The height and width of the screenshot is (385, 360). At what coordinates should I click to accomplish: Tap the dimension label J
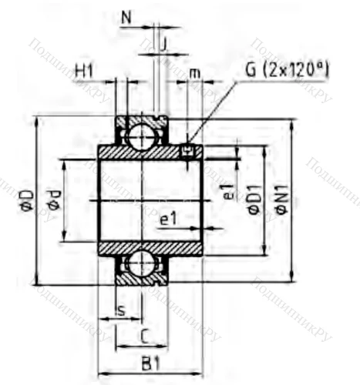coord(163,45)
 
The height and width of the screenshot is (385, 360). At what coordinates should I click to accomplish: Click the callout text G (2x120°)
coord(287,70)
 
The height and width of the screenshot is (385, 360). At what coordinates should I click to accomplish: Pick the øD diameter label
coord(25,200)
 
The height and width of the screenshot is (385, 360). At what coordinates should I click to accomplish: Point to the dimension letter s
coord(120,310)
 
